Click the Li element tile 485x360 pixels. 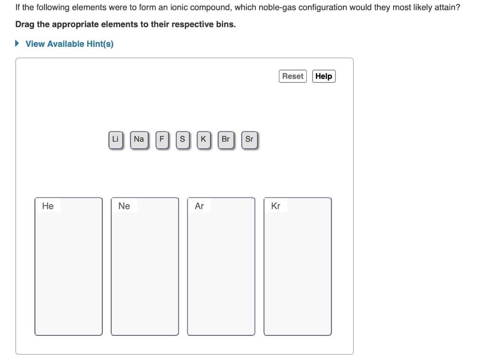(115, 139)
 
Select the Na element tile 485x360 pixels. (139, 139)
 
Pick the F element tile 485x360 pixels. (162, 139)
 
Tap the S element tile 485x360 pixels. (182, 139)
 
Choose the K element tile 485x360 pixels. (203, 139)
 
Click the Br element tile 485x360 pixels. (225, 139)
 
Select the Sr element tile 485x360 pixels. (249, 139)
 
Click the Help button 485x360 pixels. (323, 76)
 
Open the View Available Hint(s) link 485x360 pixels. (69, 44)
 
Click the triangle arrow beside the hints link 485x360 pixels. (18, 44)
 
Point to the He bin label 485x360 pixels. (48, 206)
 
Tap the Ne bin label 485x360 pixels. (124, 206)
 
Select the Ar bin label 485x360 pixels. (199, 206)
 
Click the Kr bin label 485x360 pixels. (276, 206)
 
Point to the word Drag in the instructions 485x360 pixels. (25, 24)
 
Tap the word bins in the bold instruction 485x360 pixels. (225, 24)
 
